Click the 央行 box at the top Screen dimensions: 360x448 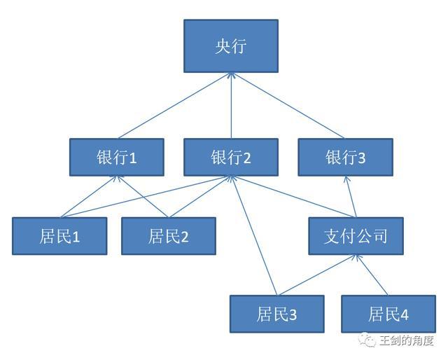coord(231,46)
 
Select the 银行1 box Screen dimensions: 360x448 coord(117,157)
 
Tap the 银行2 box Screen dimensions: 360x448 coord(231,157)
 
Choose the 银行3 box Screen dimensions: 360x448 coord(345,157)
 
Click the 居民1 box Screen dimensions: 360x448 coord(59,236)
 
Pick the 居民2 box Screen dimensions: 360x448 coord(169,236)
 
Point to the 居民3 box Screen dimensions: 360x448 coord(277,314)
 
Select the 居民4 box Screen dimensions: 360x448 coord(388,314)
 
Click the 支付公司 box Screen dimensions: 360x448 coord(357,236)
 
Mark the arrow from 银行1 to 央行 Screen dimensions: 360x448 coord(175,105)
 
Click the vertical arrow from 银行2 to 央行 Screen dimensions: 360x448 coord(231,105)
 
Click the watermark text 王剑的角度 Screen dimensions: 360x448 coord(407,341)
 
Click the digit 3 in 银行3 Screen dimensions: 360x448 coord(362,158)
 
